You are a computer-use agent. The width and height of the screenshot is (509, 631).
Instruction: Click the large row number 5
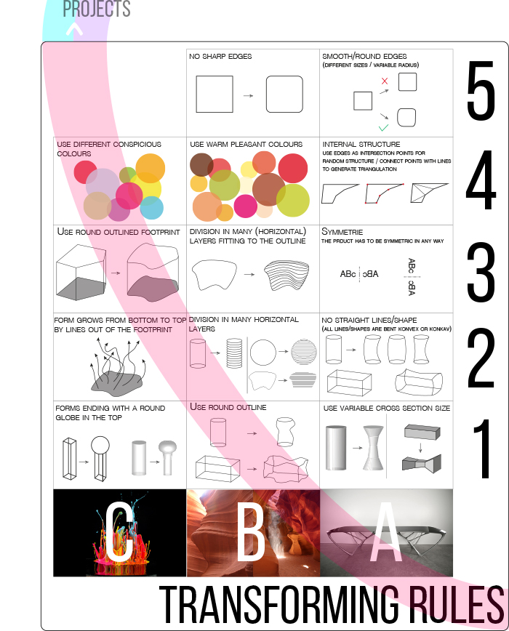click(x=481, y=90)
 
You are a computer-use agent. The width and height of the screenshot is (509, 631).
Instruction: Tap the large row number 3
click(x=481, y=273)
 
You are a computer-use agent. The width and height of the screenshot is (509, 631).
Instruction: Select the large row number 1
click(x=483, y=449)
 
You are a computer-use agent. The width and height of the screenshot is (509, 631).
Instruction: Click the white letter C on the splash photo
click(x=119, y=532)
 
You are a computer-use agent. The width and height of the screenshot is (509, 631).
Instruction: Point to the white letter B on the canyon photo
click(x=251, y=532)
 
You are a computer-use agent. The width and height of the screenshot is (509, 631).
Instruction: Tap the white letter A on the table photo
click(x=385, y=532)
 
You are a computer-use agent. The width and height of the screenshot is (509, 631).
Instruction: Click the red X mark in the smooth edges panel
click(x=385, y=81)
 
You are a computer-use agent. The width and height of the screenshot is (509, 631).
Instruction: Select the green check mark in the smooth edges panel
click(x=383, y=127)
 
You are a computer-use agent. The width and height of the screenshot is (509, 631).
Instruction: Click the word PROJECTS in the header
click(x=97, y=9)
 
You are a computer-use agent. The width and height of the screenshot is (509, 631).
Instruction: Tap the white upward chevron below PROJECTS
click(x=74, y=29)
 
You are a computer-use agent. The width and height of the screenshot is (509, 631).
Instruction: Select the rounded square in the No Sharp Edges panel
click(x=284, y=95)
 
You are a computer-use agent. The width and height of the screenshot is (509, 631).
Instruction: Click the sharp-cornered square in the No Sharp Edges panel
click(x=215, y=95)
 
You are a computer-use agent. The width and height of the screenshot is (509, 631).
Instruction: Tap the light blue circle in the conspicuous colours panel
click(x=152, y=208)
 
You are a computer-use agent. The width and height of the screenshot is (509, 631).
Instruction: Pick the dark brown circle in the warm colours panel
click(x=201, y=164)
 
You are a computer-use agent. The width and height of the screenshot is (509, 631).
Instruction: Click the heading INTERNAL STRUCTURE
click(x=361, y=144)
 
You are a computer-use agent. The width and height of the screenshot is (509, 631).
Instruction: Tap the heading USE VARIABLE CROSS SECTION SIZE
click(x=387, y=408)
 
